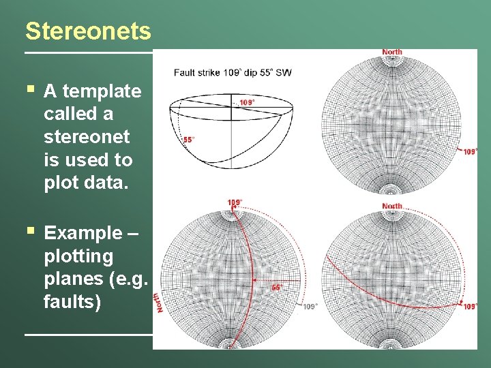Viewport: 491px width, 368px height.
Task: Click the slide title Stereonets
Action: pos(88,31)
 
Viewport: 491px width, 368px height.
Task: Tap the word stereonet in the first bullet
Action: pos(86,137)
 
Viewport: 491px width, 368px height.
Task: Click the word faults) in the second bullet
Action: pos(72,301)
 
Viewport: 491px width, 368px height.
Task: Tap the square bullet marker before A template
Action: pos(29,89)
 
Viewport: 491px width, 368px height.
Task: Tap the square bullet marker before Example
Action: pos(29,231)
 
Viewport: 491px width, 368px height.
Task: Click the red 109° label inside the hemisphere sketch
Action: pos(247,102)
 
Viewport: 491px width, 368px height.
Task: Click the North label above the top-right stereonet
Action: pos(392,52)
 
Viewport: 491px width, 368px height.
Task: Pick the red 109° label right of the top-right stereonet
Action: pos(470,152)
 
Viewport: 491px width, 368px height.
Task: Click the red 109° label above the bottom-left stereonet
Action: pos(235,202)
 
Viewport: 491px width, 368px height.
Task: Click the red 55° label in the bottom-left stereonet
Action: pos(277,287)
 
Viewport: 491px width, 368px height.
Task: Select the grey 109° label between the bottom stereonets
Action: pos(310,307)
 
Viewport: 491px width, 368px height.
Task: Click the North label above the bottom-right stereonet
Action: pos(392,206)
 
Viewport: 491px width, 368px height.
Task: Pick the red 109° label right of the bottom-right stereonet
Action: pos(470,307)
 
